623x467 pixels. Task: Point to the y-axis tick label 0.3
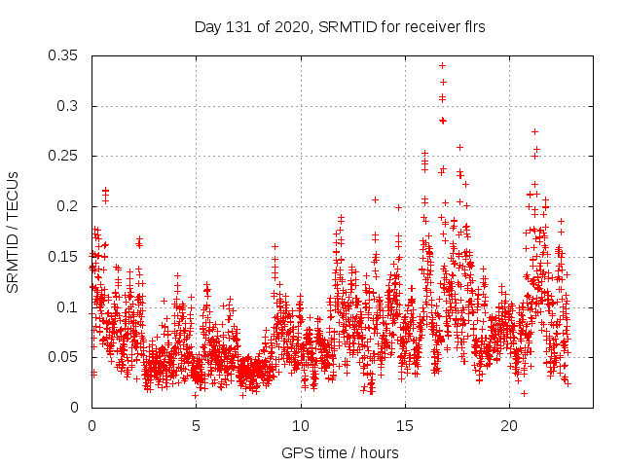coord(71,106)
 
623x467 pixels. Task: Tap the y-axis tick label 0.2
coord(71,206)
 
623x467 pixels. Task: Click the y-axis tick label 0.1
coord(71,307)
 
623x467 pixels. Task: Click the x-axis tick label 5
coord(196,426)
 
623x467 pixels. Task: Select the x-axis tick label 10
coord(301,426)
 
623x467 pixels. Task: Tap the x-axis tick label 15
coord(405,426)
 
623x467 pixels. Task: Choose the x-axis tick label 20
coord(510,426)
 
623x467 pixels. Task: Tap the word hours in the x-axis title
coord(378,452)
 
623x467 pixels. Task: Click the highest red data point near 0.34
coord(442,66)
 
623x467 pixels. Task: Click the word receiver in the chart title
coord(427,27)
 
